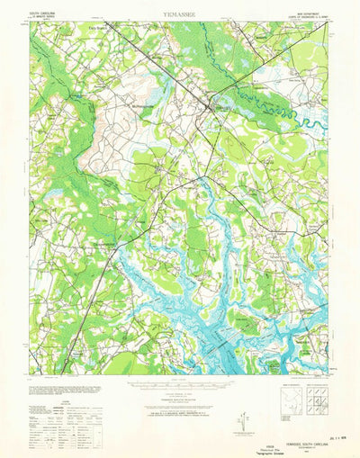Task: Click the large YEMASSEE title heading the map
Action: pyautogui.click(x=181, y=14)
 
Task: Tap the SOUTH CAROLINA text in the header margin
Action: pyautogui.click(x=49, y=12)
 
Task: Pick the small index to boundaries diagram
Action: pyautogui.click(x=287, y=397)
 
